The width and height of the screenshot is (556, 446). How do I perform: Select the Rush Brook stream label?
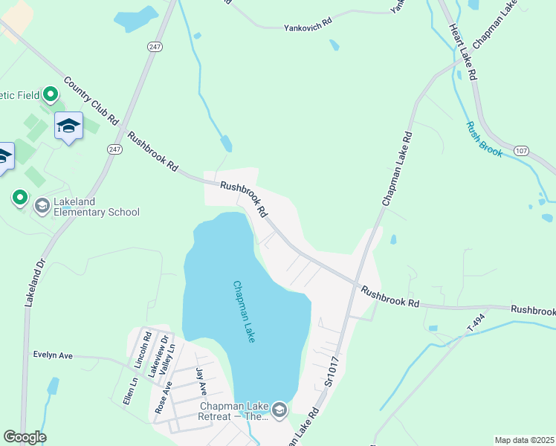[484, 139]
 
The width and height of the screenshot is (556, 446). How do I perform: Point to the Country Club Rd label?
[91, 100]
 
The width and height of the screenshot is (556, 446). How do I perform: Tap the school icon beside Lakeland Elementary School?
[42, 205]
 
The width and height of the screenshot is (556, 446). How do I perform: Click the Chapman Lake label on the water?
[245, 311]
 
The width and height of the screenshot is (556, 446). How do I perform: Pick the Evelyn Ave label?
[52, 355]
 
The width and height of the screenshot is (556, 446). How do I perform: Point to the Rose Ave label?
[163, 398]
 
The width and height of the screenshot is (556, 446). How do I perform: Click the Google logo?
[25, 437]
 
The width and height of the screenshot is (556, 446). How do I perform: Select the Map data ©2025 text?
[524, 440]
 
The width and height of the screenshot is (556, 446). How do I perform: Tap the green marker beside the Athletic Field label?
[50, 94]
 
